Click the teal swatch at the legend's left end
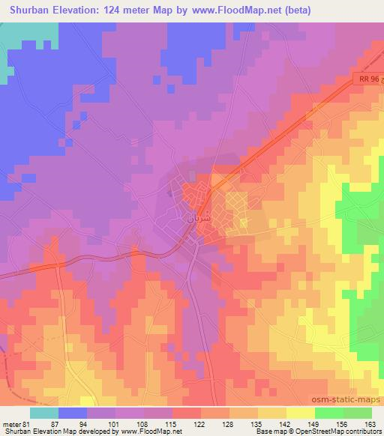point(44,412)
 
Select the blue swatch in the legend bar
point(73,412)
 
